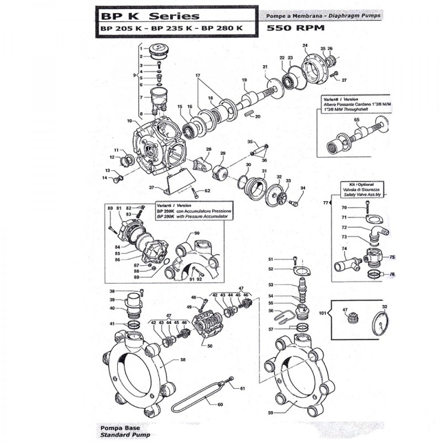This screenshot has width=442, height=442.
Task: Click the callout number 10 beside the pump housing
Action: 129,120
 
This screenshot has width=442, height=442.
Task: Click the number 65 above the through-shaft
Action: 356,120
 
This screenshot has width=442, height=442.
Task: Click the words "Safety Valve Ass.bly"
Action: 363,196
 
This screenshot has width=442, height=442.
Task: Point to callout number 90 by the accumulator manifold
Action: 196,234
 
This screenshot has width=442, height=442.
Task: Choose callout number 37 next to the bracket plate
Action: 151,188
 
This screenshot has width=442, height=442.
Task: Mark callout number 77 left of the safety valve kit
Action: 325,203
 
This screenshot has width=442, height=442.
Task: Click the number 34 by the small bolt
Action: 302,188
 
